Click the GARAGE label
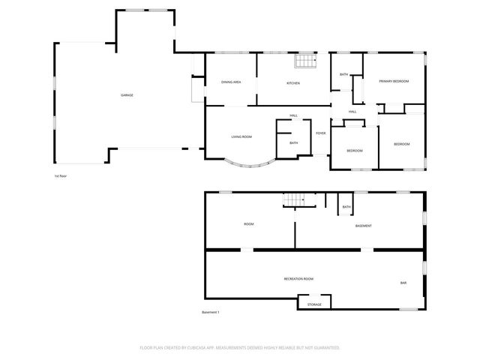click(127, 95)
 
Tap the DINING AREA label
click(231, 82)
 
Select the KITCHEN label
click(293, 83)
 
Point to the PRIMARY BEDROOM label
click(394, 81)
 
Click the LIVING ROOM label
click(241, 136)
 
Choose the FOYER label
click(321, 133)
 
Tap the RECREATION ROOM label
click(298, 279)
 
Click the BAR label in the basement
click(403, 283)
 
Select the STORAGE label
click(314, 304)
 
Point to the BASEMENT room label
click(364, 226)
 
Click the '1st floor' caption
click(61, 176)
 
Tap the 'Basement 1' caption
click(211, 312)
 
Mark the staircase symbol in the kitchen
click(303, 61)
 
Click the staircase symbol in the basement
click(294, 199)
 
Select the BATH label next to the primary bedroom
click(344, 74)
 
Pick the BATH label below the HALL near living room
click(294, 143)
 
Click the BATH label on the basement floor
click(346, 207)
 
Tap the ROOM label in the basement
click(249, 224)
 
